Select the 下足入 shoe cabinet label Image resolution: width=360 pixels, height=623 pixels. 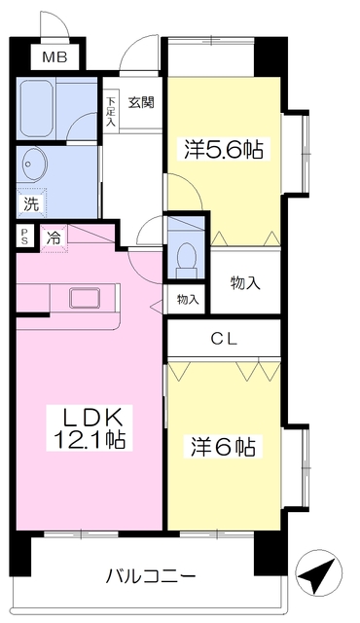(110, 111)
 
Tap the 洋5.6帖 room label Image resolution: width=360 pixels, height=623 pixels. (225, 151)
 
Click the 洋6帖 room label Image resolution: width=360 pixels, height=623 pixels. (223, 448)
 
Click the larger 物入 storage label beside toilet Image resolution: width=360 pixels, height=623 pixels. (244, 283)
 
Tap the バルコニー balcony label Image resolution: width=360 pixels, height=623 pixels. (151, 575)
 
